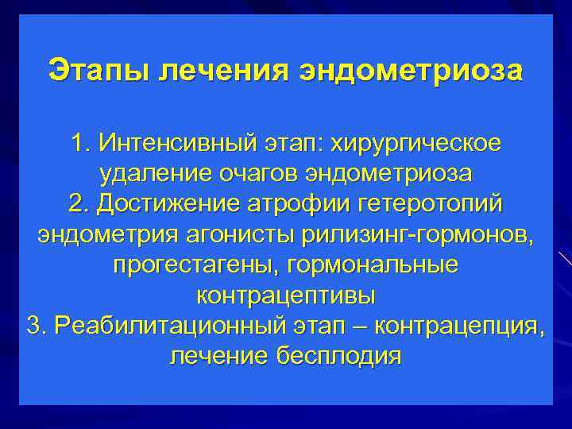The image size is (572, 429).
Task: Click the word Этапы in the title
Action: [x=99, y=70]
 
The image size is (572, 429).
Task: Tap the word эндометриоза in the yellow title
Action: [x=412, y=70]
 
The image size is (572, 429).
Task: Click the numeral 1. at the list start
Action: [x=80, y=145]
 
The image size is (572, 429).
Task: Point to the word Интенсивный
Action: [x=177, y=145]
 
